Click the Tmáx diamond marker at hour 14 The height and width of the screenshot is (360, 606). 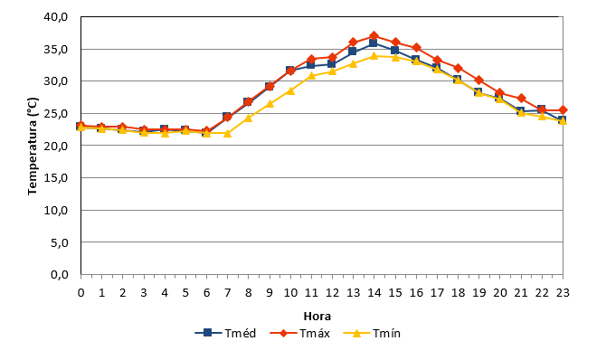pyautogui.click(x=374, y=36)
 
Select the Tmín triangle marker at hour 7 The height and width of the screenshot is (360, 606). pyautogui.click(x=227, y=133)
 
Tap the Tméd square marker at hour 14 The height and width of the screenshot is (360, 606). pyautogui.click(x=373, y=43)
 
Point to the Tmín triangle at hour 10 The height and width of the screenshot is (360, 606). pyautogui.click(x=290, y=90)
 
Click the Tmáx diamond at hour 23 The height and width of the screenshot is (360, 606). pyautogui.click(x=563, y=110)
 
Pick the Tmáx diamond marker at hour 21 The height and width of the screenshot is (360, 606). pyautogui.click(x=521, y=99)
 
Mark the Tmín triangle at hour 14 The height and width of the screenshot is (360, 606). pyautogui.click(x=374, y=56)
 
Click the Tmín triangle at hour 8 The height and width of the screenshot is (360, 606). pyautogui.click(x=248, y=118)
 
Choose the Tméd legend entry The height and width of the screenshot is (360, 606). pyautogui.click(x=226, y=333)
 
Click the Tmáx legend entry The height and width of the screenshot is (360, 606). pyautogui.click(x=300, y=333)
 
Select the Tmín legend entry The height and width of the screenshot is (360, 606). pyautogui.click(x=372, y=333)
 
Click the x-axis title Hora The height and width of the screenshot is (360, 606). pyautogui.click(x=317, y=317)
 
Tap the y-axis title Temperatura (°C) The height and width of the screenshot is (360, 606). pyautogui.click(x=33, y=147)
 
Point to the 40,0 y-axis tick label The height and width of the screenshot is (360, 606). pyautogui.click(x=56, y=17)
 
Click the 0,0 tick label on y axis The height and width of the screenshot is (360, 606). pyautogui.click(x=60, y=275)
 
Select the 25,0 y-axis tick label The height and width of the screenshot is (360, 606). pyautogui.click(x=56, y=114)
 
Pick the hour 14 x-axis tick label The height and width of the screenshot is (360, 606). pyautogui.click(x=374, y=293)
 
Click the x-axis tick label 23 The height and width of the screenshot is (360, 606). pyautogui.click(x=563, y=293)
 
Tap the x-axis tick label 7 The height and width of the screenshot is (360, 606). pyautogui.click(x=227, y=293)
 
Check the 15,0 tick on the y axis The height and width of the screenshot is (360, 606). pyautogui.click(x=56, y=178)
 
